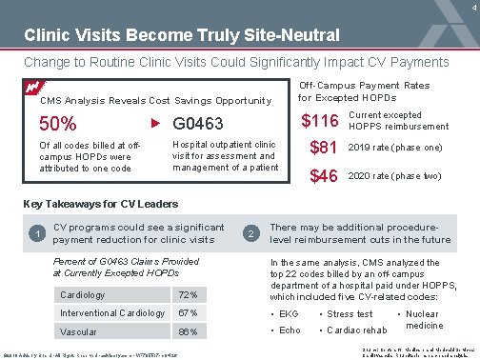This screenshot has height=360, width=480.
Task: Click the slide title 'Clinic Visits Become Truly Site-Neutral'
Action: coord(181,36)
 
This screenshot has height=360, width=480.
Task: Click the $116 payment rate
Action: coord(321,121)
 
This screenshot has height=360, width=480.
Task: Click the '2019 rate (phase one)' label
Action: coord(394,149)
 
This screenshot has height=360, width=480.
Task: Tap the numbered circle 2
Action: coord(250,234)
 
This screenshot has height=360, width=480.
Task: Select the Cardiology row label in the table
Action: coord(84,293)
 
